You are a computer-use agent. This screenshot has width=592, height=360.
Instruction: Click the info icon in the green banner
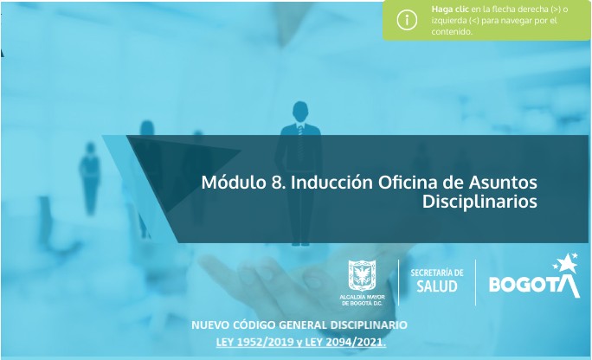[x=407, y=20]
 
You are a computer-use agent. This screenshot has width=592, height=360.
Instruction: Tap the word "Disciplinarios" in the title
[x=480, y=202]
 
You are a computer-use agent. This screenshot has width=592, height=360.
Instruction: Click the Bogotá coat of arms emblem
[x=364, y=276]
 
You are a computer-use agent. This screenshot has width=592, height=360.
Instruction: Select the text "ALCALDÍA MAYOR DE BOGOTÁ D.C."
[x=364, y=299]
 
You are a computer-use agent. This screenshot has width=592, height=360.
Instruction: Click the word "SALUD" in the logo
[x=436, y=286]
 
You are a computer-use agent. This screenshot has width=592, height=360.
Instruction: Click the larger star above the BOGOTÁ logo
[x=569, y=260]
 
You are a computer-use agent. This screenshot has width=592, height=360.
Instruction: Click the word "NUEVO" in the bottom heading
[x=213, y=325]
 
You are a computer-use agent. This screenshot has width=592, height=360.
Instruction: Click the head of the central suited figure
[x=300, y=110]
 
